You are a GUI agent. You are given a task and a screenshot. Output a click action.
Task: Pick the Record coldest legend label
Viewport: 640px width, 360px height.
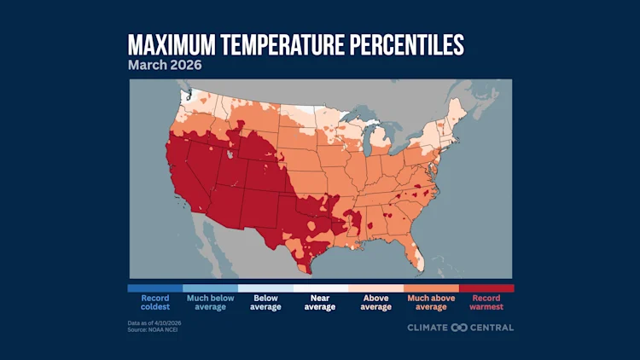[x=154, y=303]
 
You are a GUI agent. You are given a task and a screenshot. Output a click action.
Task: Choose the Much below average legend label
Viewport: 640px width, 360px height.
[x=210, y=303]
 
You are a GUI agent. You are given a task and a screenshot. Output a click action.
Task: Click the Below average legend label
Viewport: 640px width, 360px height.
[x=265, y=303]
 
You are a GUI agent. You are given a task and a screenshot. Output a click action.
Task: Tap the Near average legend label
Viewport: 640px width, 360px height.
[x=320, y=303]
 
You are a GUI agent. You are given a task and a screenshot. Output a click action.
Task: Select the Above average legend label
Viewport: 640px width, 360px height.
[x=375, y=303]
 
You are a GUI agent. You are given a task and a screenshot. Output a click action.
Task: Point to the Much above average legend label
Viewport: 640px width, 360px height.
[x=431, y=303]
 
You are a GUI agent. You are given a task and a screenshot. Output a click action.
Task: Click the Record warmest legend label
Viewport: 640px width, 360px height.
[x=486, y=303]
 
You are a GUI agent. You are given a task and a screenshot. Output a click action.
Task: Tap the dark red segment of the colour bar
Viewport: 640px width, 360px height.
[x=486, y=288]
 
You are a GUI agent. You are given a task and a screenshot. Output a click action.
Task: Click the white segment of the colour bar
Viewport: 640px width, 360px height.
[x=320, y=288]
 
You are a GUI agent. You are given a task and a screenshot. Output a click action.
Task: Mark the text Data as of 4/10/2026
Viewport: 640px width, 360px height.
[x=154, y=323]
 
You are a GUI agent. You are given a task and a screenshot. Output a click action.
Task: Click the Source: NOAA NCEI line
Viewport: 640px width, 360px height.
[x=153, y=330]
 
